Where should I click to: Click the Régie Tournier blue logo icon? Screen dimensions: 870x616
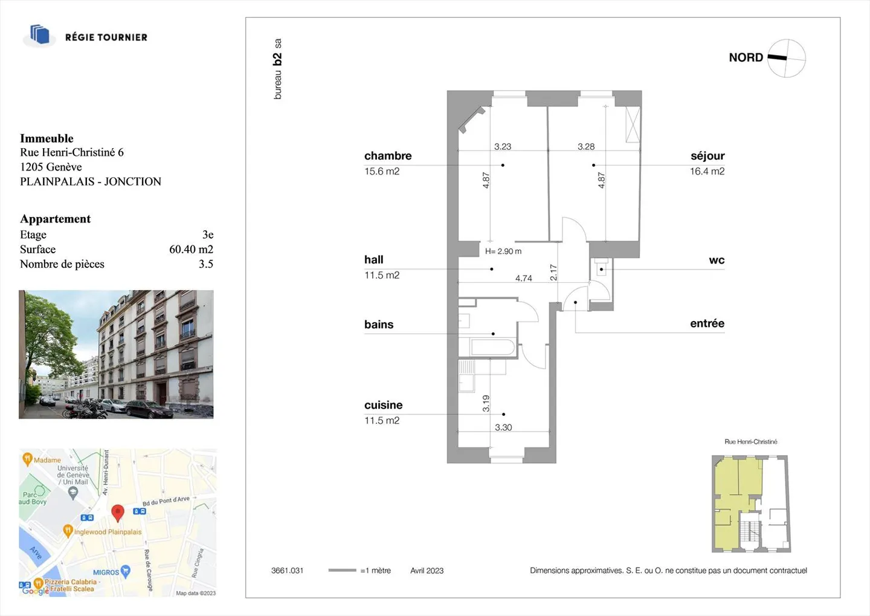39,35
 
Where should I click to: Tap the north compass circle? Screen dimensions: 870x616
787,58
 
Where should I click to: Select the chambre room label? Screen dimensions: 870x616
388,156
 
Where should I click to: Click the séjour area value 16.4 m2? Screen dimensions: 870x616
707,172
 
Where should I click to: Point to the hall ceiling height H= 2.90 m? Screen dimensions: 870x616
503,251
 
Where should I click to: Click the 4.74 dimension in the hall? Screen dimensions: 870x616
524,278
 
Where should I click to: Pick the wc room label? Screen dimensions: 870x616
717,260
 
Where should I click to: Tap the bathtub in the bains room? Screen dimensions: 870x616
492,347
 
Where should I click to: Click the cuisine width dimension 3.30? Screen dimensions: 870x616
503,427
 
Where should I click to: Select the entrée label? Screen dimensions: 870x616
707,323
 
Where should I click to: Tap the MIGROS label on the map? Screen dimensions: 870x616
106,572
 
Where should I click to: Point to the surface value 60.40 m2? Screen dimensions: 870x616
191,249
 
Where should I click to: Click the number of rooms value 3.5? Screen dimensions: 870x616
206,264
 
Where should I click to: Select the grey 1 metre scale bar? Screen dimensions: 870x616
342,570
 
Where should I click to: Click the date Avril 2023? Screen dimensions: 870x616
427,571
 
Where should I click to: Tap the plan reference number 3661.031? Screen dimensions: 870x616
287,571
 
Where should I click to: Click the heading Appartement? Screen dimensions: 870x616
55,219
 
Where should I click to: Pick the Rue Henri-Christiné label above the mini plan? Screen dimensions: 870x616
751,442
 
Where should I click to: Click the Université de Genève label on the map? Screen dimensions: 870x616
73,475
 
